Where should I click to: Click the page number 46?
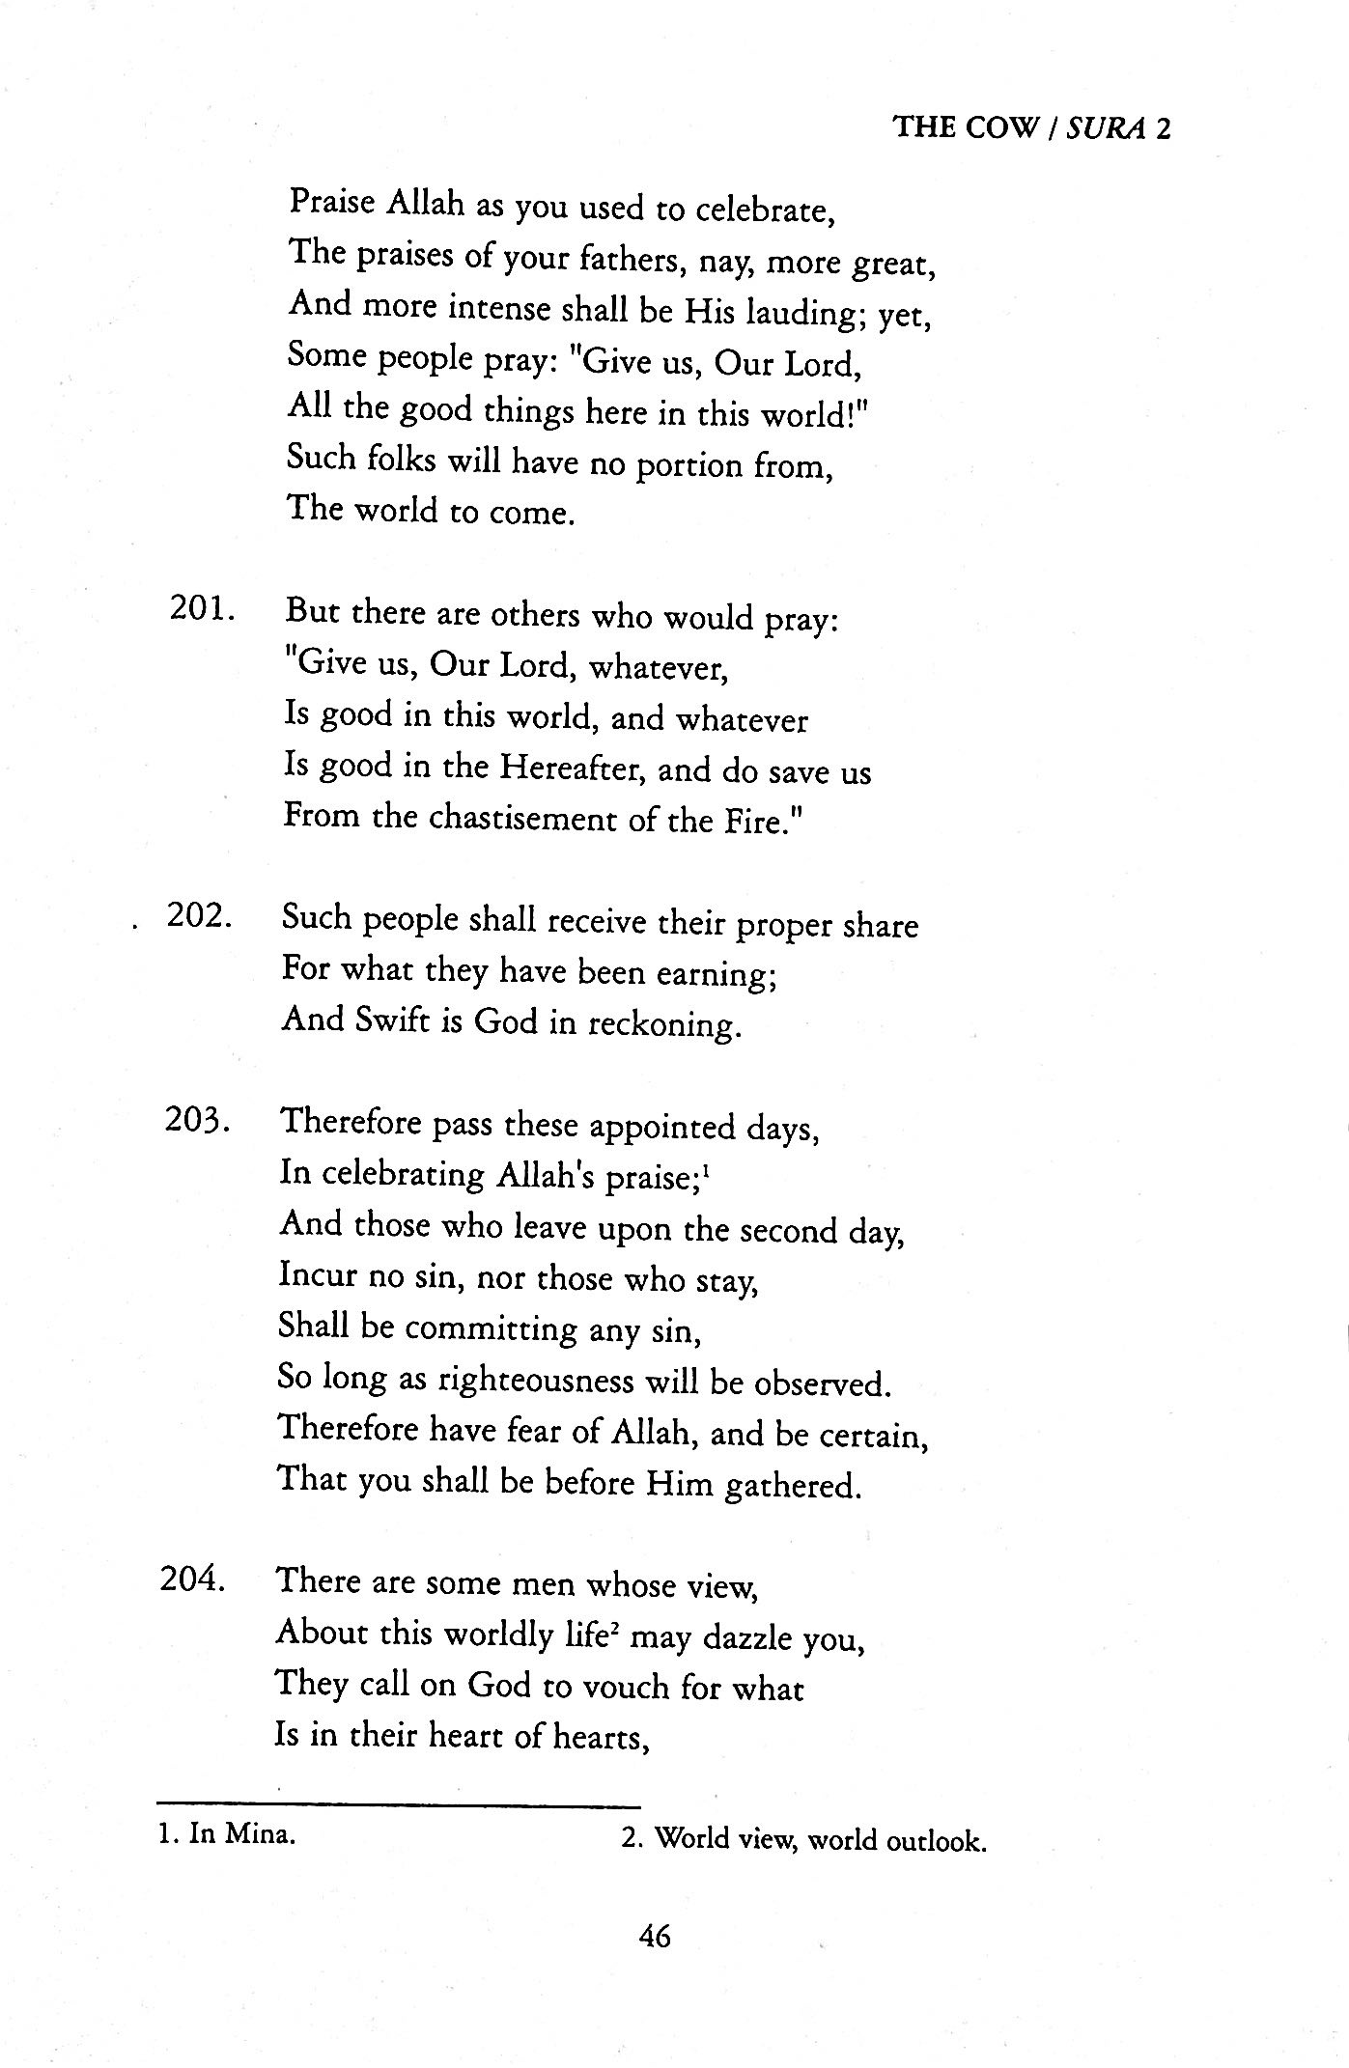click(x=654, y=1937)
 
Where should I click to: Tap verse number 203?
click(x=197, y=1120)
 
